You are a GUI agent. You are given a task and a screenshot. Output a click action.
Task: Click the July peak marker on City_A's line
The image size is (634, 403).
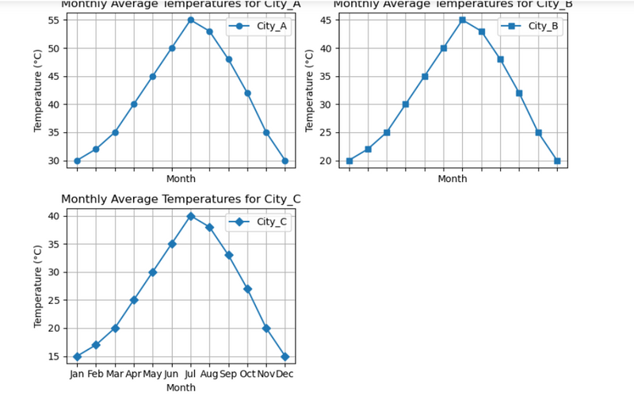coord(190,20)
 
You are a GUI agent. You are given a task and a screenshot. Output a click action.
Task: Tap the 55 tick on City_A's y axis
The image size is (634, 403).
coord(54,20)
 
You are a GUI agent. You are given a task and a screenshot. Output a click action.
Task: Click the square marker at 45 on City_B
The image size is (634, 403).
coord(462,20)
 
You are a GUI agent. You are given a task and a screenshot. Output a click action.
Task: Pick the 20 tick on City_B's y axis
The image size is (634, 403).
coord(326,161)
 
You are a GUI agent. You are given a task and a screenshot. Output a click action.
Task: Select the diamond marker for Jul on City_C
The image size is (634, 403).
coord(190,216)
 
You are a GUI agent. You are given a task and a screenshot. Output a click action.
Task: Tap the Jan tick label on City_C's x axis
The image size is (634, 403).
coord(77,374)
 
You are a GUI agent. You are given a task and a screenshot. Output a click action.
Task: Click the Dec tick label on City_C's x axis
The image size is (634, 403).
coord(285,374)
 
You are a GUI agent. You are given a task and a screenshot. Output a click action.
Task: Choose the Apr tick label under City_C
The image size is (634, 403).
coord(134,374)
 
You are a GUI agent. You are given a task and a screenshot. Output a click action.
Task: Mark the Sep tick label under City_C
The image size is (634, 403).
coord(228,374)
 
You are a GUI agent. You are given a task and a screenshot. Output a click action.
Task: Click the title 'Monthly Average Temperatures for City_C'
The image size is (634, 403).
coord(181,199)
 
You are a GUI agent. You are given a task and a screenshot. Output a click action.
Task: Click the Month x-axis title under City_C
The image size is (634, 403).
coord(181,388)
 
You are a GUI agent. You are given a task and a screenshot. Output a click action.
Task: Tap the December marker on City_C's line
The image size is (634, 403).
coord(285,356)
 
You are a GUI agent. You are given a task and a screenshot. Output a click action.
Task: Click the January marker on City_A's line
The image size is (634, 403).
coord(77,161)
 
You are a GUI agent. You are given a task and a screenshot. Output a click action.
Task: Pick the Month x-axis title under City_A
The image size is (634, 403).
coord(181,179)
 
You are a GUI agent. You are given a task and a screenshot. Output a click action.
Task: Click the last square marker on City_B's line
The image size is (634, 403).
coord(557,161)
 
